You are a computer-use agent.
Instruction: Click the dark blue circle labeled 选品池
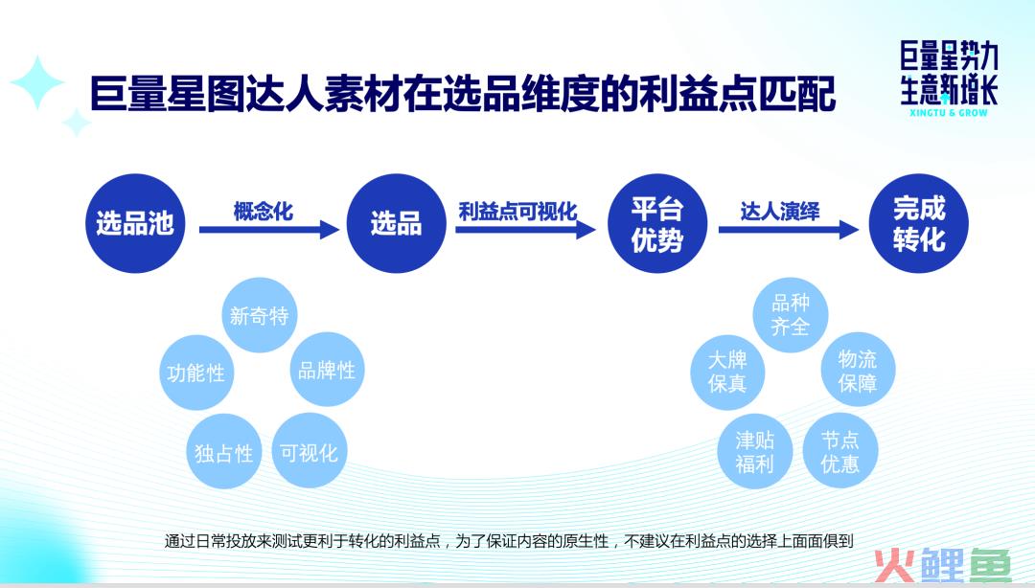(x=135, y=223)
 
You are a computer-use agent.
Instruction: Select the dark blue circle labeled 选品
(x=396, y=223)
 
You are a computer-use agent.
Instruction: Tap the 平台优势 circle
(x=657, y=223)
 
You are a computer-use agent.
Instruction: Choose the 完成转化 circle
(x=919, y=223)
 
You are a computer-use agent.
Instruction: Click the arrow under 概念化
(x=269, y=230)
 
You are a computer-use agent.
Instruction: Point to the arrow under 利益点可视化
(x=525, y=230)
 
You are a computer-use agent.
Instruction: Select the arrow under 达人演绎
(x=789, y=230)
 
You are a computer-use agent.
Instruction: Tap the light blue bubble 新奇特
(x=260, y=315)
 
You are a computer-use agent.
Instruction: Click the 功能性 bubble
(x=196, y=373)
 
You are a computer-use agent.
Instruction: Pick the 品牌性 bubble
(x=327, y=370)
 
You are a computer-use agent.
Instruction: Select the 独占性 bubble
(x=223, y=452)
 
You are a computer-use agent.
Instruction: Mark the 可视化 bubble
(x=309, y=451)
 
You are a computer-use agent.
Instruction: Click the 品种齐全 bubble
(x=790, y=315)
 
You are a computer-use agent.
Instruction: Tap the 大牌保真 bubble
(x=727, y=373)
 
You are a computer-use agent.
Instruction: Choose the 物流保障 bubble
(x=858, y=370)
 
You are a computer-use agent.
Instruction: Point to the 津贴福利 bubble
(x=754, y=451)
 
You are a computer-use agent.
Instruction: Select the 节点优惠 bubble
(x=839, y=451)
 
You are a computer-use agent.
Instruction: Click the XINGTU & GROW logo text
(x=949, y=113)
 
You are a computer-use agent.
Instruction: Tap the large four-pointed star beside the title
(x=37, y=82)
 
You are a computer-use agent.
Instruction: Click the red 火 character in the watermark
(x=894, y=566)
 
